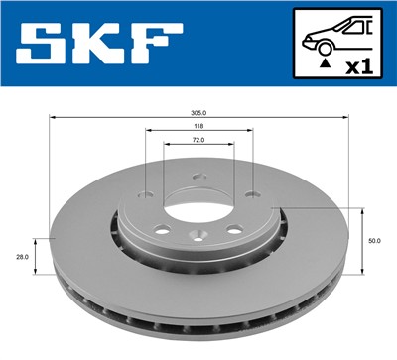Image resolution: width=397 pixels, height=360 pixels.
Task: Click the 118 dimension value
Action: (x=198, y=127)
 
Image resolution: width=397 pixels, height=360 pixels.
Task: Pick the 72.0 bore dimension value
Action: (x=198, y=141)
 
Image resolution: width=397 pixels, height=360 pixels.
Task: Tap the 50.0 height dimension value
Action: (x=373, y=240)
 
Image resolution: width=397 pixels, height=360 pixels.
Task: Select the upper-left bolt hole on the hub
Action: (x=148, y=194)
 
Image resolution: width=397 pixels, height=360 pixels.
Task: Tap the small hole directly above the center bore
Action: (x=198, y=180)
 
